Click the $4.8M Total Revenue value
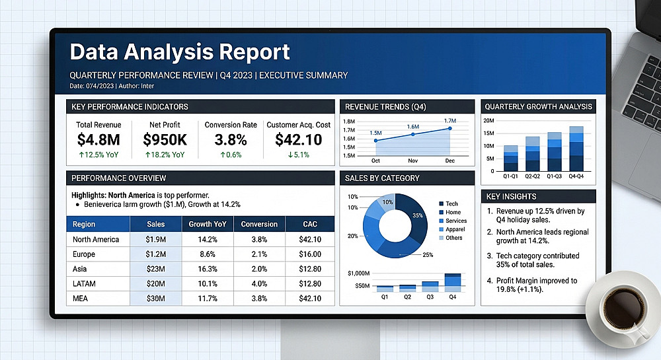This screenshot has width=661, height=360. (98, 139)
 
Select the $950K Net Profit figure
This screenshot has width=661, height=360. (165, 139)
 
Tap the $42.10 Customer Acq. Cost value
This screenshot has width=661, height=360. (298, 139)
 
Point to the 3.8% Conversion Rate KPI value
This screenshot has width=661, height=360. (231, 139)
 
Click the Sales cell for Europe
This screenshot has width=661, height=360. (157, 254)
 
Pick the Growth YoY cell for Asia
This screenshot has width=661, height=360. (208, 269)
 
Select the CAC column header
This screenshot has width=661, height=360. (309, 224)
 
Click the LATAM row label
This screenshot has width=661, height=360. (84, 283)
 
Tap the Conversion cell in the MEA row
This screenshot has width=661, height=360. (259, 299)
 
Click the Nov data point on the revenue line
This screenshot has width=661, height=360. (413, 134)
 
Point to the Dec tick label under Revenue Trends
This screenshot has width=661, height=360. (450, 161)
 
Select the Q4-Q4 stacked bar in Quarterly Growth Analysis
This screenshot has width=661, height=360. (576, 149)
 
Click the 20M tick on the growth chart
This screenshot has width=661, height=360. (488, 121)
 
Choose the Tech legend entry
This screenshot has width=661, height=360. (451, 204)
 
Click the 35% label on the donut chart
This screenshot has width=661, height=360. (417, 215)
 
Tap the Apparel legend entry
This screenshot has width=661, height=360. (455, 229)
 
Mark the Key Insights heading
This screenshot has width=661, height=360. (511, 196)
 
